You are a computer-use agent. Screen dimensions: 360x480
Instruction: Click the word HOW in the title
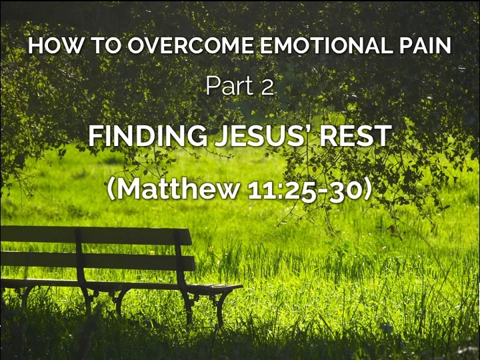click(49, 47)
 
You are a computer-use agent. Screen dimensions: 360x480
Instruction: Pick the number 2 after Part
click(267, 87)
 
